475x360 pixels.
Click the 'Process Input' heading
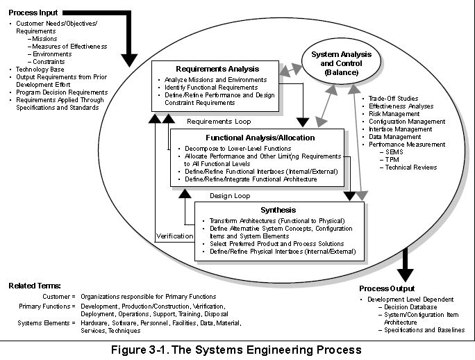pyautogui.click(x=33, y=13)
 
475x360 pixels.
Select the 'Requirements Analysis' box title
pyautogui.click(x=217, y=69)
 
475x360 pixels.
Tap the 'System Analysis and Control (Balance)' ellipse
pyautogui.click(x=341, y=63)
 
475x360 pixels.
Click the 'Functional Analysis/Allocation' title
pyautogui.click(x=260, y=138)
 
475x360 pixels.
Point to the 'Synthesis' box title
pyautogui.click(x=278, y=210)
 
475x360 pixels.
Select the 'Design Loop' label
pyautogui.click(x=231, y=195)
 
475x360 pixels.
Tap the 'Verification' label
pyautogui.click(x=174, y=236)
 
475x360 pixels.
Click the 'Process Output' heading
pyautogui.click(x=387, y=288)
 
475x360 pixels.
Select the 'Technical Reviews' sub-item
pyautogui.click(x=412, y=167)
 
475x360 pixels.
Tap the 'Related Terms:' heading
pyautogui.click(x=35, y=286)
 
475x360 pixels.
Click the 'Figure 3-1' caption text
pyautogui.click(x=237, y=349)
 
